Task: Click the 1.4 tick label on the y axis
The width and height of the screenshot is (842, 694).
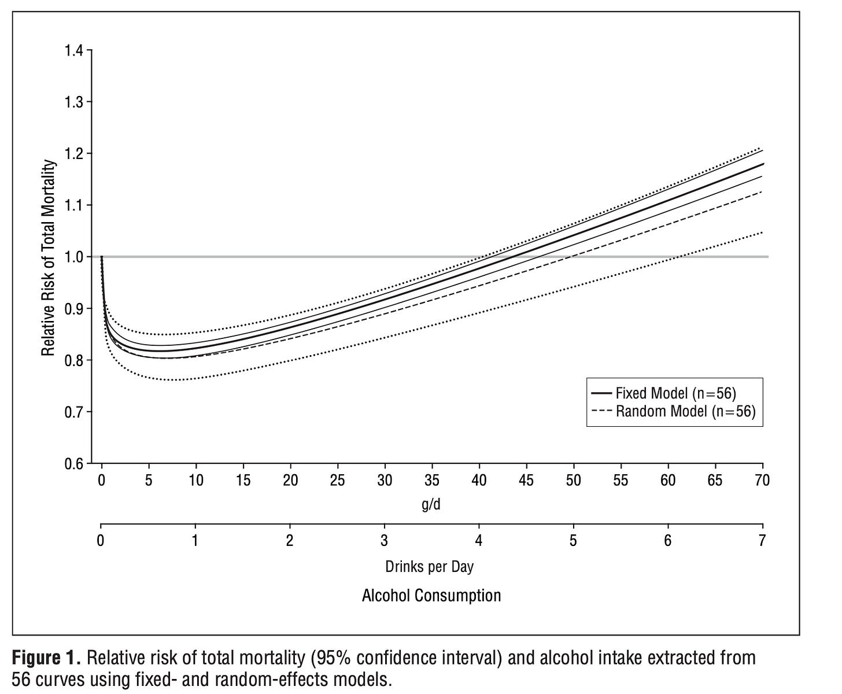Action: [73, 51]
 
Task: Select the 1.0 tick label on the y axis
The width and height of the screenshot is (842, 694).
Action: [73, 257]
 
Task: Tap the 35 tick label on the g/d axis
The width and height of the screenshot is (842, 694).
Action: [432, 481]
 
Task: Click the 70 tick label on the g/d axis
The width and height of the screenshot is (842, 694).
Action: [762, 481]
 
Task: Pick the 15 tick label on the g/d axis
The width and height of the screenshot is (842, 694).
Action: [243, 481]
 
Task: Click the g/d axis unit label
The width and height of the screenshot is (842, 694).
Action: [431, 504]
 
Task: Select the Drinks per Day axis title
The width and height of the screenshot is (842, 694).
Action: [430, 567]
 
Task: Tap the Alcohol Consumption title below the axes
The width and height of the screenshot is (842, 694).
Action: [431, 596]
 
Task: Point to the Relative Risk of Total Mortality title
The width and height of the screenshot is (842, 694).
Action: [48, 257]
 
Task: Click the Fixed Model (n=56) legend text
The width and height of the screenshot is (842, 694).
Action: [676, 393]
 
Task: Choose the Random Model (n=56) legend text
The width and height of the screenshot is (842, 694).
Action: [685, 411]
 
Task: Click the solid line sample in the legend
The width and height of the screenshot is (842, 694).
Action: [601, 393]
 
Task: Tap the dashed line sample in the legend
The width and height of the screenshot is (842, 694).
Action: [601, 411]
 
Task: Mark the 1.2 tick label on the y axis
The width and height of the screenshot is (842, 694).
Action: [73, 154]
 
